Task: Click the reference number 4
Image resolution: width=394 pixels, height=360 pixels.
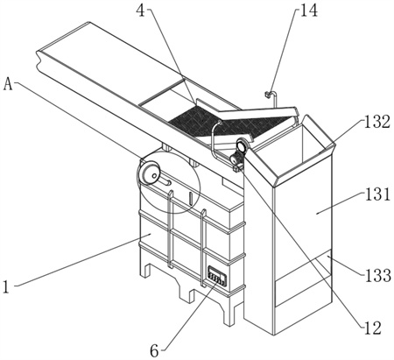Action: point(141,11)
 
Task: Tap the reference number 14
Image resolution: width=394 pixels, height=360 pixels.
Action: point(308,11)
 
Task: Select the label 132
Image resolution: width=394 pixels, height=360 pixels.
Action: point(376,122)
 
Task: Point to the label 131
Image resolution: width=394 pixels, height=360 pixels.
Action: point(377,194)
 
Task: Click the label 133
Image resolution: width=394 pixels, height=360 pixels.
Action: point(378,275)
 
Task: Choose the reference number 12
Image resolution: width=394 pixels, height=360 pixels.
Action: point(372,328)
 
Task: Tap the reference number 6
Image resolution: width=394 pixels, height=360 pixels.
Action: point(154,350)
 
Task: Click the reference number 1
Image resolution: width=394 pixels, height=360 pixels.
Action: point(6,286)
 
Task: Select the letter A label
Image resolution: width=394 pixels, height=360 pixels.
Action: point(8,84)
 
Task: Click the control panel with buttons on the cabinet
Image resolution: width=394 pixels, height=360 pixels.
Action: point(216,276)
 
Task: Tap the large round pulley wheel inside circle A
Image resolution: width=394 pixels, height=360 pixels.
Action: point(148,173)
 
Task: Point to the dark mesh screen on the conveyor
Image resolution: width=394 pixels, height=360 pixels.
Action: point(230,122)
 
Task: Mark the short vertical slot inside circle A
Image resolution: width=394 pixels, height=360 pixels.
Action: point(190,199)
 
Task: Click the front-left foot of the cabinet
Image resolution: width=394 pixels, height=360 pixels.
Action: point(145,270)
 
